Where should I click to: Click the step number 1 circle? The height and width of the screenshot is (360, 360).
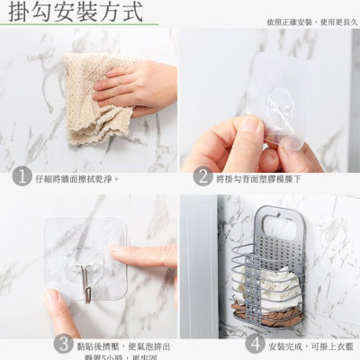(x=20, y=178)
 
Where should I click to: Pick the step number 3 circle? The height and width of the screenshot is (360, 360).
(x=63, y=344)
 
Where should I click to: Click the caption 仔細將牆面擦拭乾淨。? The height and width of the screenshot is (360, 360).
(x=77, y=179)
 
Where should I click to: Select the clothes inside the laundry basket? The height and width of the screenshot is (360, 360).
(x=279, y=288)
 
